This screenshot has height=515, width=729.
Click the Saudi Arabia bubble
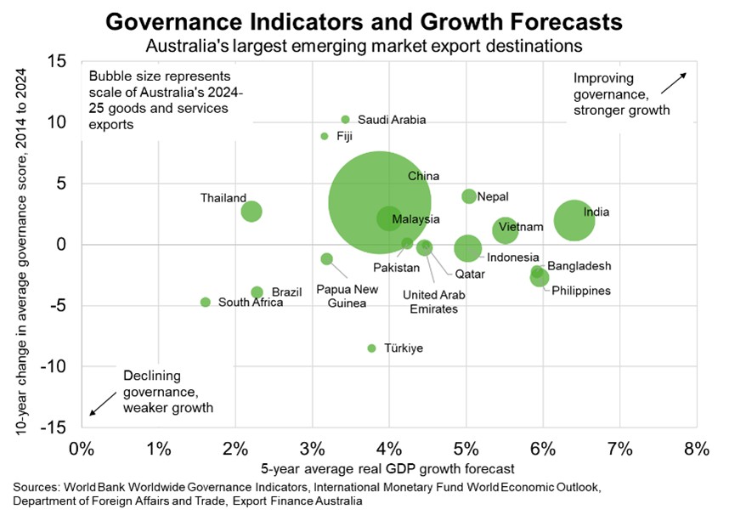point(345,120)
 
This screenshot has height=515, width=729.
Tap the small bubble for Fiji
point(325,136)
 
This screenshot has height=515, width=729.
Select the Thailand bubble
point(251,212)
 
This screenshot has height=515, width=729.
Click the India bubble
point(574,220)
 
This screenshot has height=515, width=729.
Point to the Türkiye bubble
point(371,348)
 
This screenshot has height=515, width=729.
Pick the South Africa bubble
point(205,303)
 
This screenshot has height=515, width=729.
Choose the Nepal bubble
point(469,196)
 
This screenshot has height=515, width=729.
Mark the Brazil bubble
point(257,292)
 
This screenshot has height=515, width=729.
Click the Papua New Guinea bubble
point(326,259)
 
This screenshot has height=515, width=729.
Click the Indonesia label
point(512,257)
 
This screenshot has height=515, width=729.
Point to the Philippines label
point(581,291)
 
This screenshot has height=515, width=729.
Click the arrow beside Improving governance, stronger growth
point(675,83)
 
